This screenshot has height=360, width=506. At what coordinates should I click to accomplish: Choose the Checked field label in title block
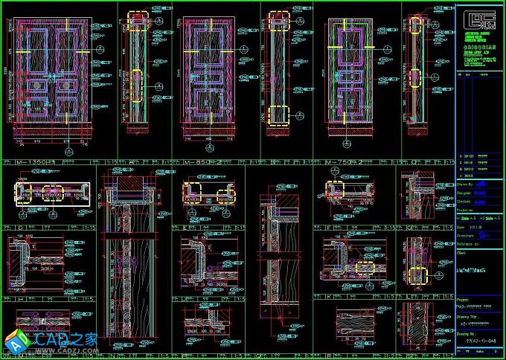point(464,201)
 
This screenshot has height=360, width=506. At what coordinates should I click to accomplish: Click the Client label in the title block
point(462,252)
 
